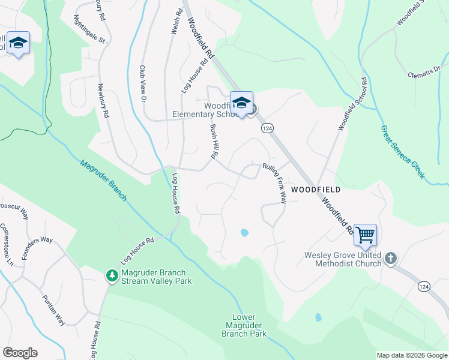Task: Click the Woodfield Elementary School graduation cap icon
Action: pyautogui.click(x=241, y=103)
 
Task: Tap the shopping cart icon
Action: pyautogui.click(x=365, y=234)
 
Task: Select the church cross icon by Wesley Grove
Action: pyautogui.click(x=391, y=257)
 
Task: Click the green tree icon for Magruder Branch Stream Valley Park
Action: pyautogui.click(x=111, y=275)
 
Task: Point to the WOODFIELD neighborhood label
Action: pyautogui.click(x=316, y=190)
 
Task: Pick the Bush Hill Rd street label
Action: pyautogui.click(x=212, y=142)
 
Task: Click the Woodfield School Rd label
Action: pyautogui.click(x=352, y=104)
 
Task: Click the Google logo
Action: pyautogui.click(x=20, y=353)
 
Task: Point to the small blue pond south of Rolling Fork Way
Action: pyautogui.click(x=244, y=232)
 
